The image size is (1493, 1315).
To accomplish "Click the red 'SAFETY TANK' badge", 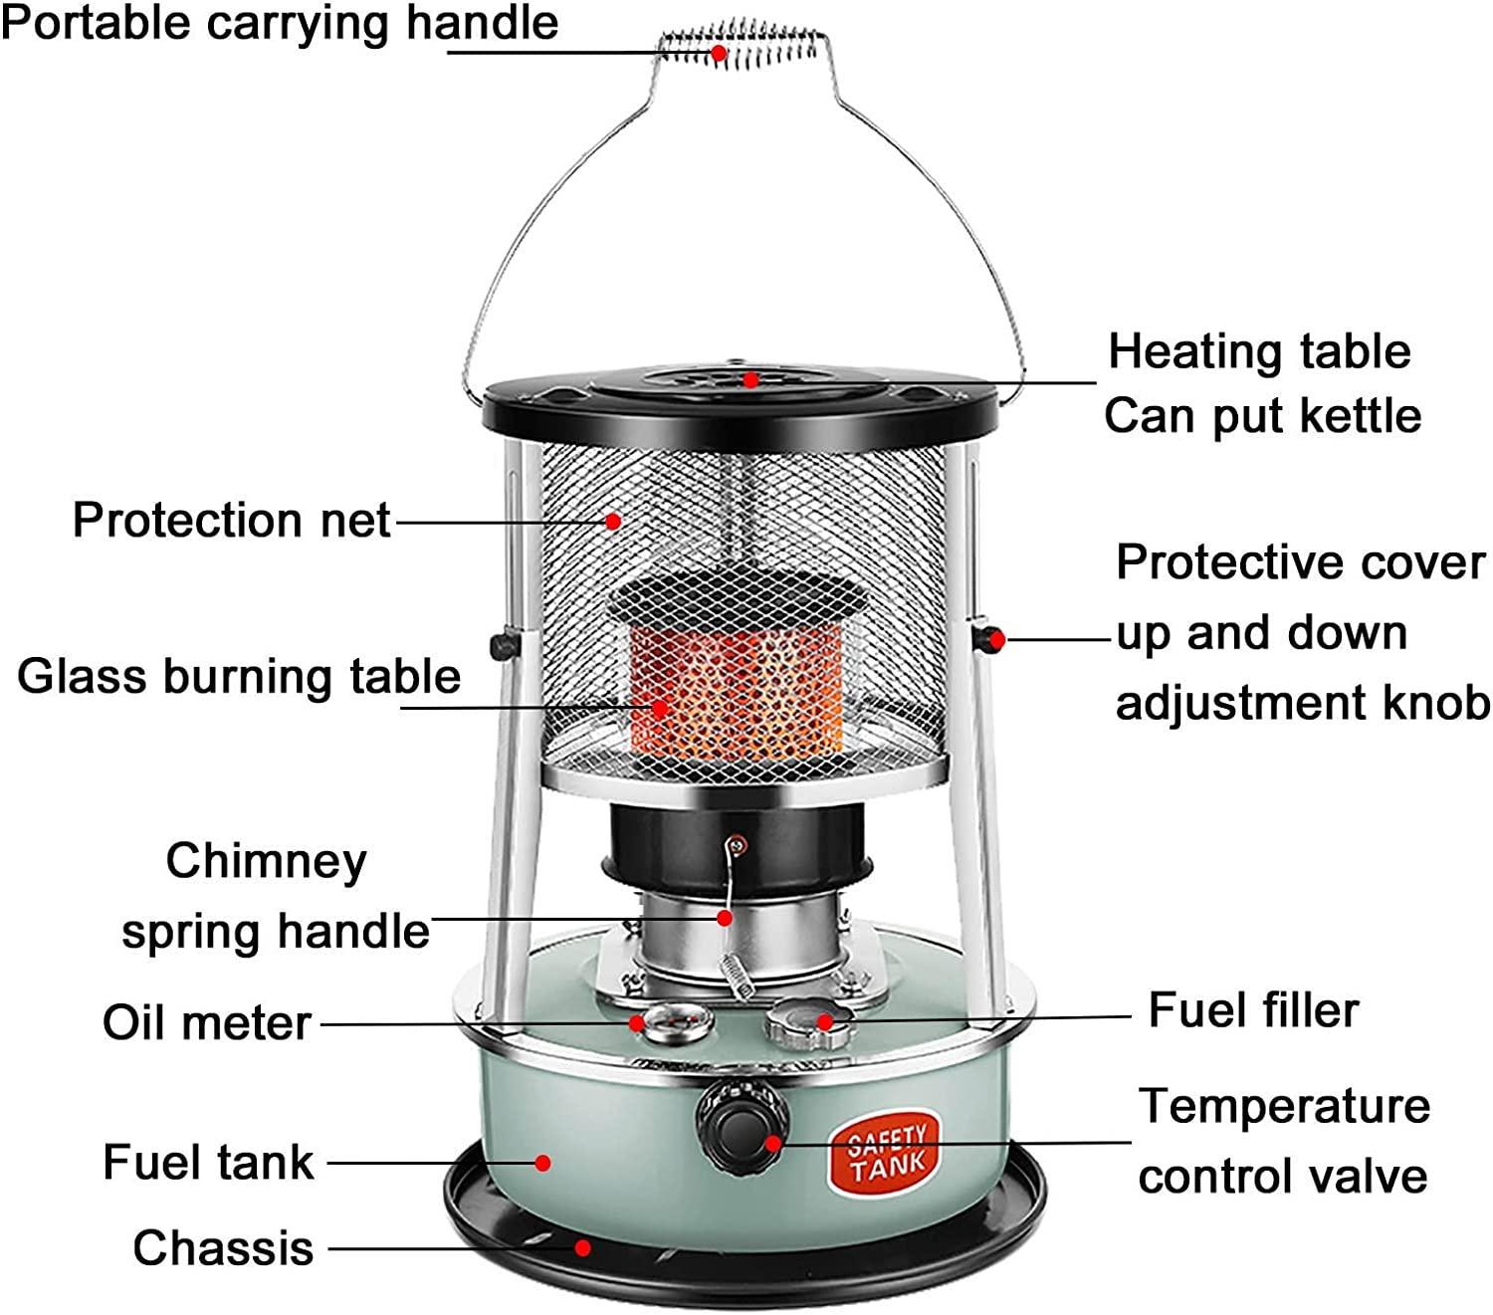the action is pyautogui.click(x=885, y=1152).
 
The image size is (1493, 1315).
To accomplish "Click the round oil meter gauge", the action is pyautogui.click(x=676, y=1022).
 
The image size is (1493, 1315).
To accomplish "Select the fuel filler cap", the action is pyautogui.click(x=808, y=1023).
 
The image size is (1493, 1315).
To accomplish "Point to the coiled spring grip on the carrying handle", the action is pyautogui.click(x=740, y=46).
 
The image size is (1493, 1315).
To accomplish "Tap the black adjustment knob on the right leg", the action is pyautogui.click(x=986, y=638).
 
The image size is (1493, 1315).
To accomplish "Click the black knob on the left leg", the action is pyautogui.click(x=505, y=646).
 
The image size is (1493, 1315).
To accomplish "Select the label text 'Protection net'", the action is pyautogui.click(x=231, y=521).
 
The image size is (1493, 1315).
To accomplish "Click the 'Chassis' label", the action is pyautogui.click(x=223, y=1248).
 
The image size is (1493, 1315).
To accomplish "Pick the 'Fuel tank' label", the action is pyautogui.click(x=209, y=1163).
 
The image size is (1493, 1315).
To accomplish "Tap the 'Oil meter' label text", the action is pyautogui.click(x=207, y=1023).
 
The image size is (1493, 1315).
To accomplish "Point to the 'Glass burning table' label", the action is pyautogui.click(x=239, y=677).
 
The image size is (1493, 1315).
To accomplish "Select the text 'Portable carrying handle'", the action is pyautogui.click(x=280, y=24).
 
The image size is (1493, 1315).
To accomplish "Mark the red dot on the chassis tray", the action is pyautogui.click(x=582, y=1248).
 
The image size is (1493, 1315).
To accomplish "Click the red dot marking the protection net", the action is pyautogui.click(x=613, y=522).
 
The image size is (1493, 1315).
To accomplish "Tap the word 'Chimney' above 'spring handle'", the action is pyautogui.click(x=266, y=861).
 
